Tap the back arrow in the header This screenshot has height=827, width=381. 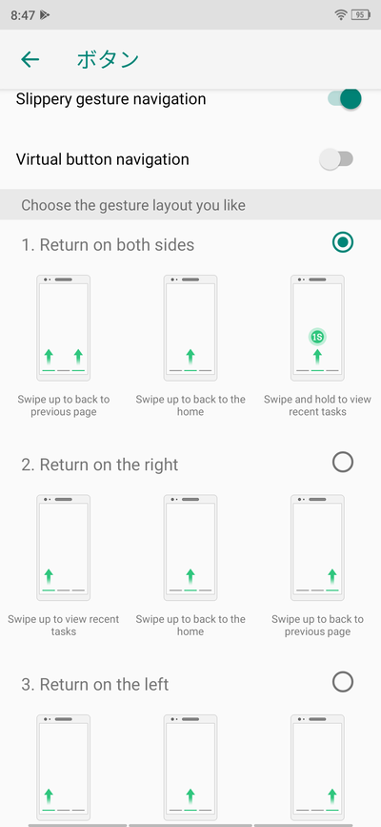point(30,59)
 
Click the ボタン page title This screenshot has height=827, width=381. point(108,59)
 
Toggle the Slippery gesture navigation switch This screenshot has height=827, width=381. point(345,98)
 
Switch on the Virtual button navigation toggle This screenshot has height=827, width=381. point(336,159)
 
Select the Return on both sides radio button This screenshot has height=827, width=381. point(343,242)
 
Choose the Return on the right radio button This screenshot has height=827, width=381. point(343,463)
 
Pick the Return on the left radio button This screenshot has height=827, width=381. point(343,682)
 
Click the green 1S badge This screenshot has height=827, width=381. point(317,337)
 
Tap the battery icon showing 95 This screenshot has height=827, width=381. point(361,15)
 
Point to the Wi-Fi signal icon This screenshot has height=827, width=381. point(341,15)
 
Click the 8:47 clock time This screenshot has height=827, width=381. point(23,15)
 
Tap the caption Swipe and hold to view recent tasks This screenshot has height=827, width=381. point(317,405)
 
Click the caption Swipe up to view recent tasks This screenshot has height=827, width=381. point(63,625)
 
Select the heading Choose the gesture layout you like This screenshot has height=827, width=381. point(133,205)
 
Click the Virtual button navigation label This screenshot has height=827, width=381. point(102,159)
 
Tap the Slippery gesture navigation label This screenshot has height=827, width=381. point(110,99)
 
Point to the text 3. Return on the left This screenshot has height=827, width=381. point(95,685)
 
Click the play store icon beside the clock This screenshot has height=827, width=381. point(45,15)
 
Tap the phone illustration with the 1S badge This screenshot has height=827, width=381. point(317,328)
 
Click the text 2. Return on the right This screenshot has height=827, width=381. point(100,465)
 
